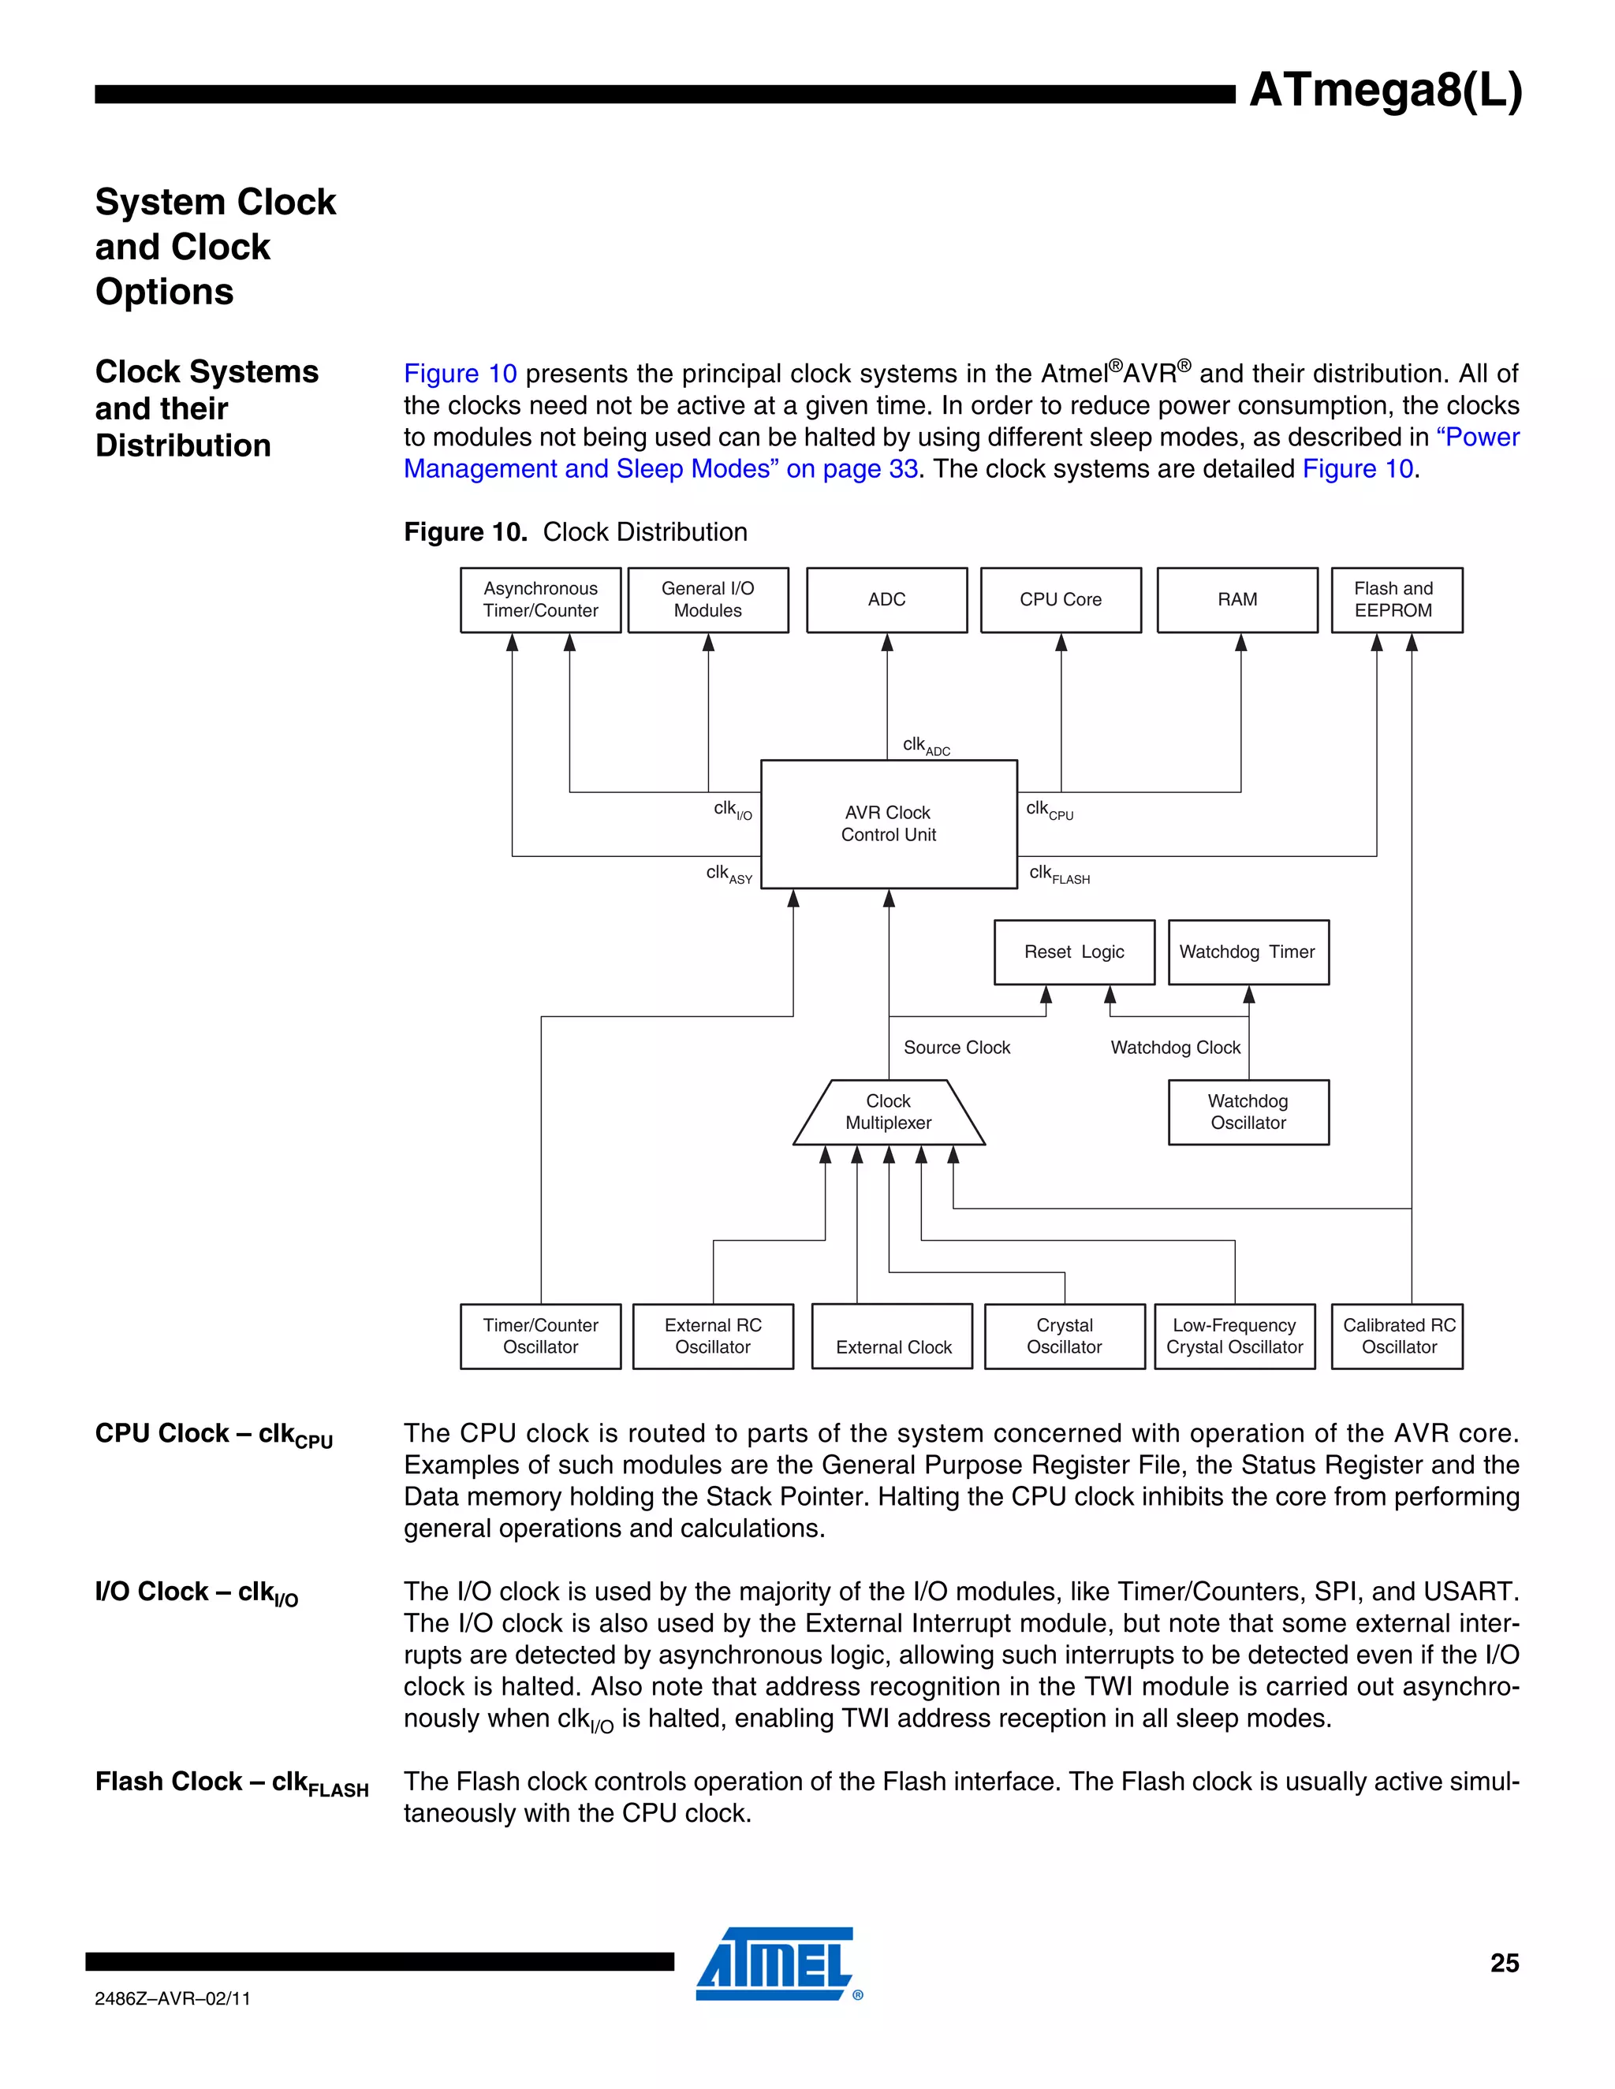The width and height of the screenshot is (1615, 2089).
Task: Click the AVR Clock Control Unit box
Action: pos(888,824)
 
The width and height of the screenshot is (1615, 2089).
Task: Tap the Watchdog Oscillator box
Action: pos(1248,1112)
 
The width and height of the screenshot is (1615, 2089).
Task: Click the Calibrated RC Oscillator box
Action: pos(1398,1336)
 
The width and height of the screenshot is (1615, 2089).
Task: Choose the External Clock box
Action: pos(893,1336)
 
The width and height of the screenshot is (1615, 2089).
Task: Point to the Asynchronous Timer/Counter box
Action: pos(539,600)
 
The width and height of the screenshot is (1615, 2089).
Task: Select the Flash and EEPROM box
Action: pos(1396,600)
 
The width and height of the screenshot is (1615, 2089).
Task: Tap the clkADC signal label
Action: pos(925,745)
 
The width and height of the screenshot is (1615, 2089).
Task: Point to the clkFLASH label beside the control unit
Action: pos(1058,873)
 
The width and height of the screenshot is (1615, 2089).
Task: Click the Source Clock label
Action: pos(956,1048)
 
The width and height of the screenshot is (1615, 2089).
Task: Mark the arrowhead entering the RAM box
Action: pos(1241,642)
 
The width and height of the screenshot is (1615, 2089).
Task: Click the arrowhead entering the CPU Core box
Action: pos(1061,642)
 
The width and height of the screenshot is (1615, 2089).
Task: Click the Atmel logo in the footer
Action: pos(776,1963)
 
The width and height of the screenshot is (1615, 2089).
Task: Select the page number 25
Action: pos(1504,1963)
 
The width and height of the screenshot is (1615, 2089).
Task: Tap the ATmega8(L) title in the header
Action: pos(1385,91)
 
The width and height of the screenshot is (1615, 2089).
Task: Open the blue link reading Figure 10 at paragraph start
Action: pos(461,374)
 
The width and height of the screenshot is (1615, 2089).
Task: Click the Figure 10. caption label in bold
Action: pos(465,532)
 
